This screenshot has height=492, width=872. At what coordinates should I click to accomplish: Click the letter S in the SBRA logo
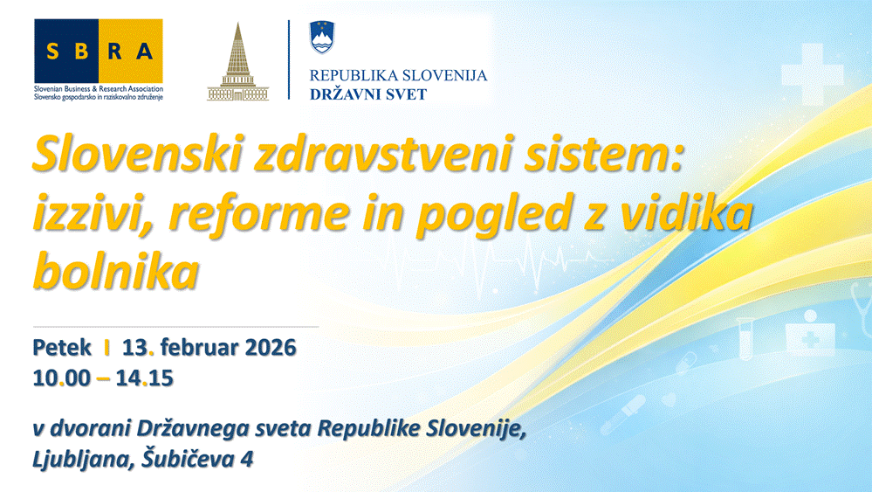pos(53,52)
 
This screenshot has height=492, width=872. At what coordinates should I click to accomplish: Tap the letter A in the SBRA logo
pos(145,52)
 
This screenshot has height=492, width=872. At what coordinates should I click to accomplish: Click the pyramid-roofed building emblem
pos(238,62)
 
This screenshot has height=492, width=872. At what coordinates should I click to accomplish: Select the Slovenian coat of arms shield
pos(322,37)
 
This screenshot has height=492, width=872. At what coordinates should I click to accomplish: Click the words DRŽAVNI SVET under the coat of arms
pos(368,94)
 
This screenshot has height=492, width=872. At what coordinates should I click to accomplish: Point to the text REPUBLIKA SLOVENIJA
pos(398,75)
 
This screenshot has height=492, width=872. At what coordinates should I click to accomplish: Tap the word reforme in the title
pos(258,214)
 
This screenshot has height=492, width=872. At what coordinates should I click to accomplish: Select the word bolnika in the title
pos(116,271)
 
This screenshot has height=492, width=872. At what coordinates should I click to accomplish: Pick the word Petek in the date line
pos(62,347)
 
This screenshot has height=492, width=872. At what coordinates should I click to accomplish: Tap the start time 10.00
pos(61,378)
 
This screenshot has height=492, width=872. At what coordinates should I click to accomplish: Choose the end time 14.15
pos(145,378)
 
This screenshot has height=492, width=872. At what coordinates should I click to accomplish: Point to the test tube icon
pos(745,338)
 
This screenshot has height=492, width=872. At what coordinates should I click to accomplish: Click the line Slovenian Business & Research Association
pos(99,88)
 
